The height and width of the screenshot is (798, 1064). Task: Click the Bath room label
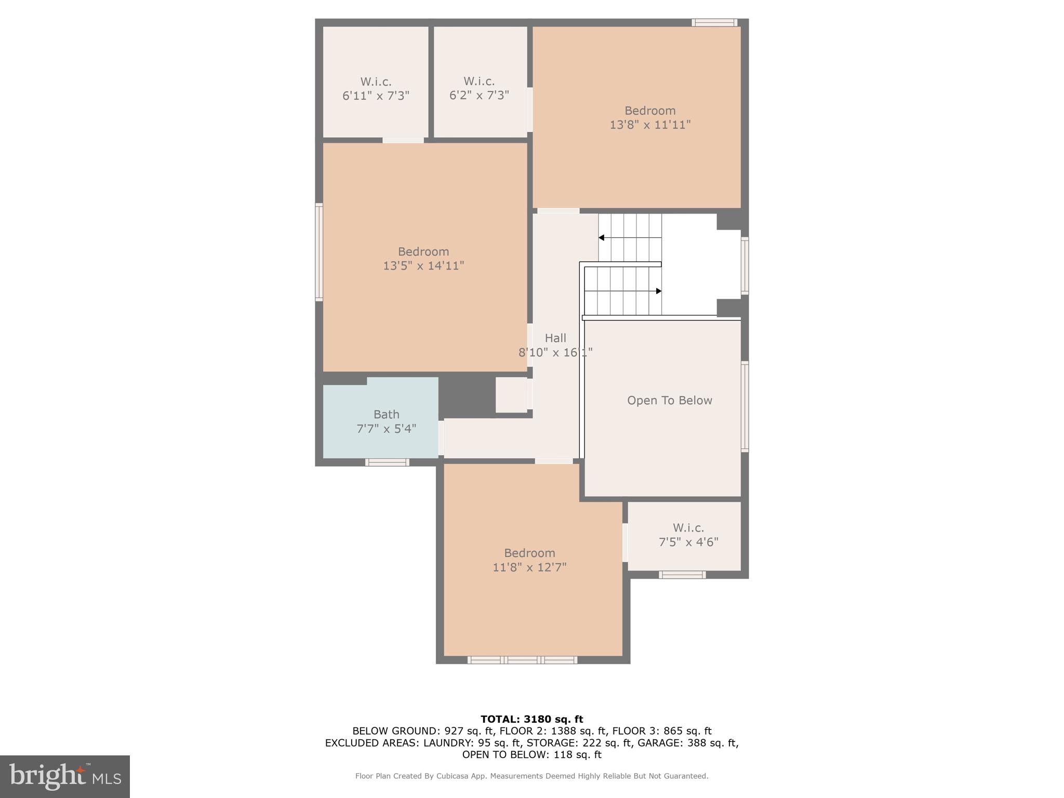click(x=386, y=415)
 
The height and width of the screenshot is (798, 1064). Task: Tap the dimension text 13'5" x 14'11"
click(x=423, y=266)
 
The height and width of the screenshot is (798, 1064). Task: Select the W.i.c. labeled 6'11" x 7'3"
click(x=376, y=89)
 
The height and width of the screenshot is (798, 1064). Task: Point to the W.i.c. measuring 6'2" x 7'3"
click(x=479, y=88)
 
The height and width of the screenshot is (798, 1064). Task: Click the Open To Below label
click(x=669, y=401)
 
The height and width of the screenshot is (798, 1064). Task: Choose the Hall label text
click(x=555, y=338)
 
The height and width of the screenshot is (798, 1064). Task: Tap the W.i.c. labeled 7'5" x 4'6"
click(x=688, y=535)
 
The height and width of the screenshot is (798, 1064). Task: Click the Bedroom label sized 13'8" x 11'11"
click(x=650, y=111)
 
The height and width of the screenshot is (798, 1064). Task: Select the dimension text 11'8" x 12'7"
click(x=529, y=567)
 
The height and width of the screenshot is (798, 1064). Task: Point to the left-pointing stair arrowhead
click(x=601, y=238)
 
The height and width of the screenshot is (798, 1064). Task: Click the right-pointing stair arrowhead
click(x=658, y=291)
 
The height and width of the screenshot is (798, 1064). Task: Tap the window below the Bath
click(x=387, y=462)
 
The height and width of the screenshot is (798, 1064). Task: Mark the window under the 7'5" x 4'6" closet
click(x=682, y=575)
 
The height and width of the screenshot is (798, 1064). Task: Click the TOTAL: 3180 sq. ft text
click(x=531, y=720)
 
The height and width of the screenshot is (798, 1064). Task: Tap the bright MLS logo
click(x=65, y=776)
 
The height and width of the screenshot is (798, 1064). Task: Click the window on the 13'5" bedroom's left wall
click(x=319, y=252)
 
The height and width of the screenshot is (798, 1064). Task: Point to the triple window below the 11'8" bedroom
click(x=522, y=660)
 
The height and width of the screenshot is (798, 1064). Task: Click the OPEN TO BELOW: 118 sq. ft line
click(x=531, y=755)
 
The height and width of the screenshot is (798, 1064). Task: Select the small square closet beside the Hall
click(x=512, y=395)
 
